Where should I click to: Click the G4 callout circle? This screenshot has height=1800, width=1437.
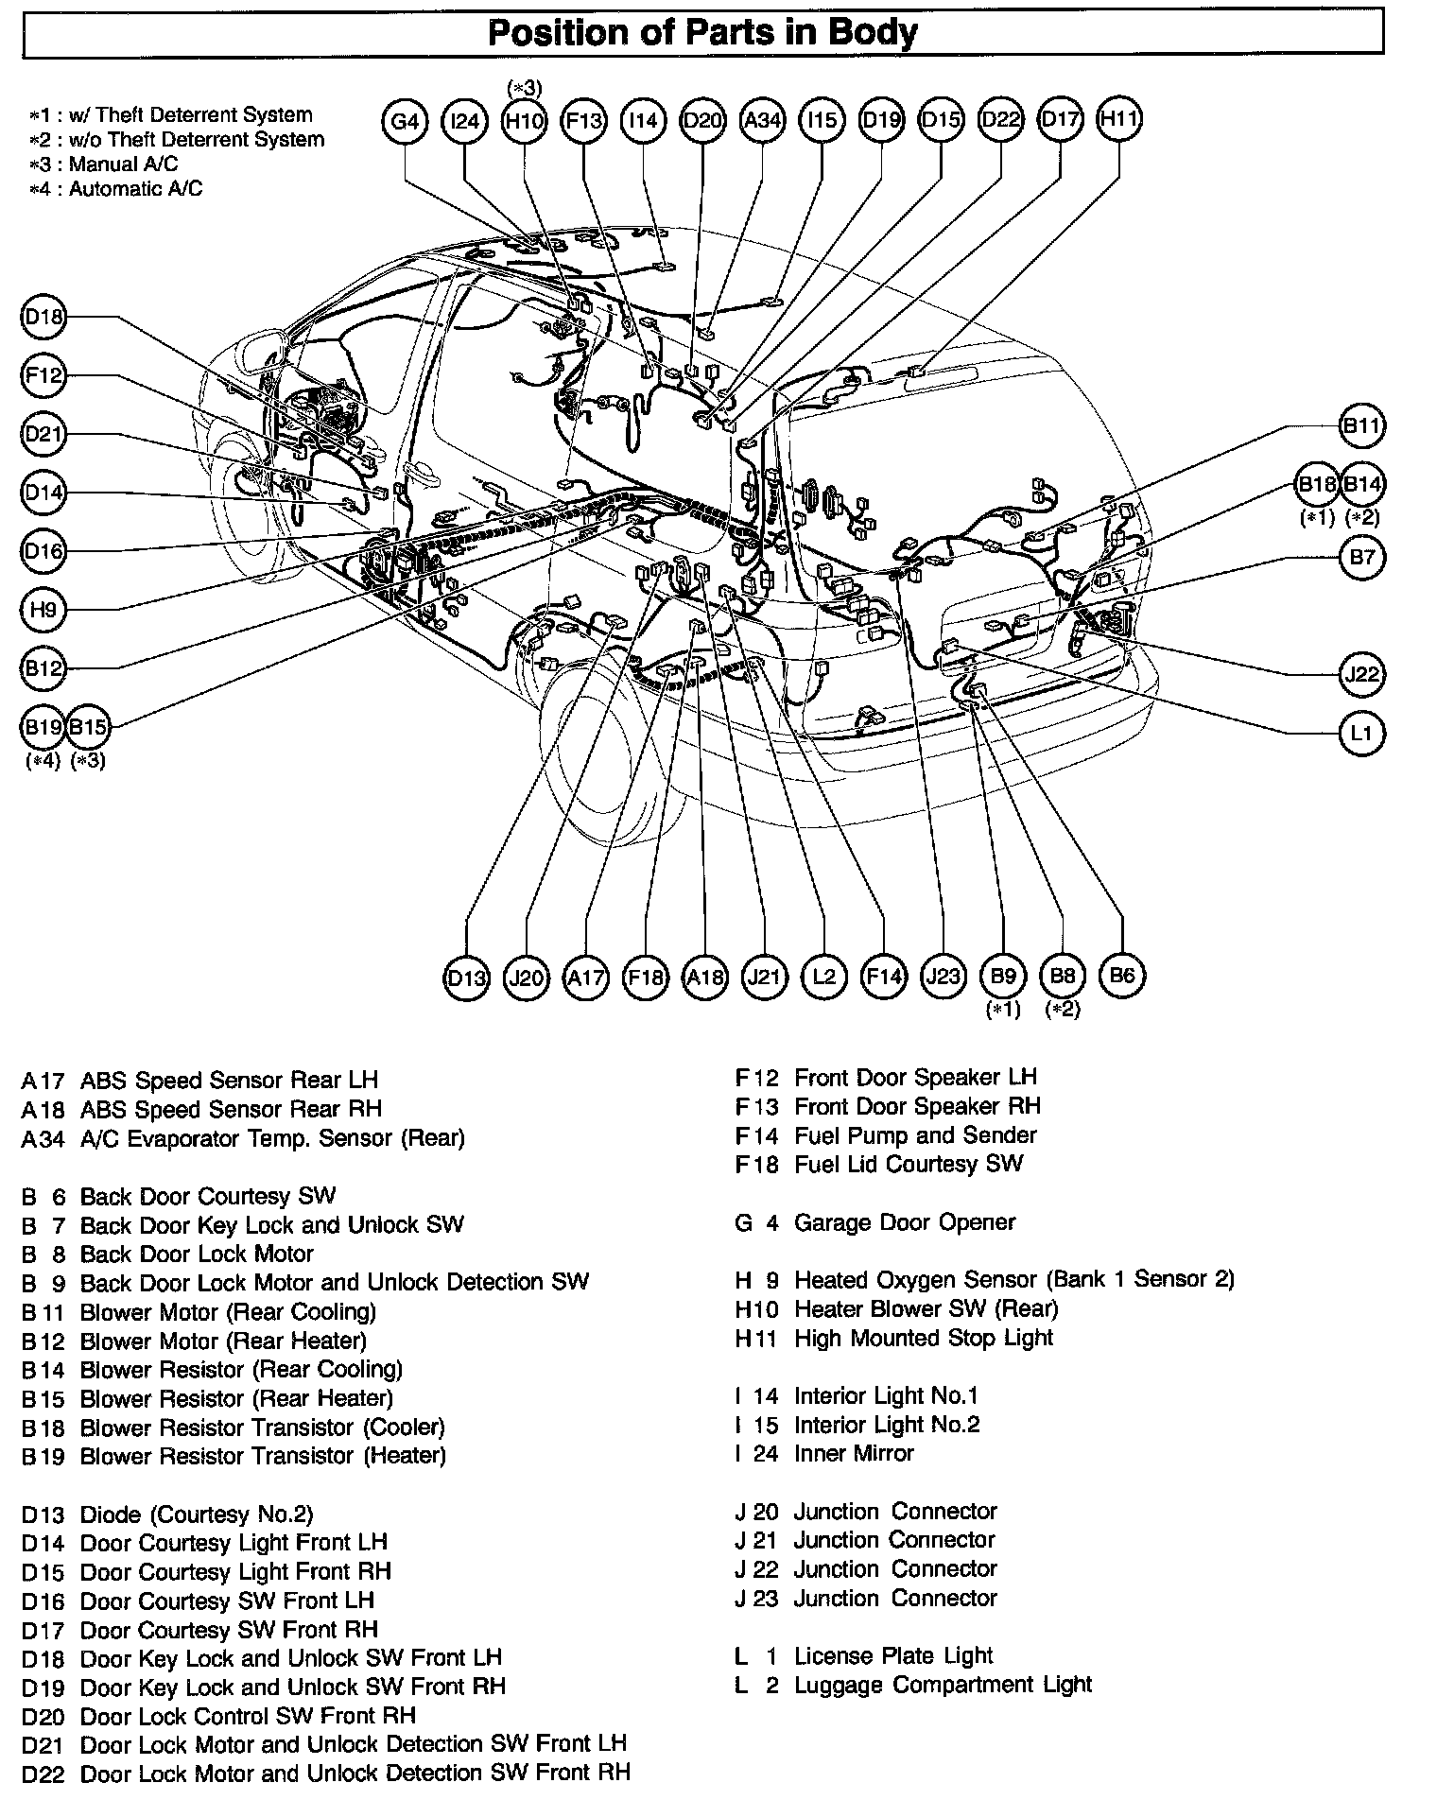coord(405,121)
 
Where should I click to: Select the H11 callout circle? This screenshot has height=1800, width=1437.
coord(1119,119)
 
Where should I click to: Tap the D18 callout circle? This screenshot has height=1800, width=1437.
coord(43,318)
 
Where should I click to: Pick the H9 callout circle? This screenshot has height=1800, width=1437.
coord(43,610)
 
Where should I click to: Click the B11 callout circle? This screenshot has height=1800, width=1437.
coord(1362,425)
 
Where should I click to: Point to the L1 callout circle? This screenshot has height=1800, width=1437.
coord(1362,733)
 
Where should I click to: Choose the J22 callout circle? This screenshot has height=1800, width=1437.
coord(1362,674)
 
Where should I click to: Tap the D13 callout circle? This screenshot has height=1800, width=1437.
coord(466,977)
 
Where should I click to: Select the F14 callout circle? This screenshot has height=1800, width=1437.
coord(883,977)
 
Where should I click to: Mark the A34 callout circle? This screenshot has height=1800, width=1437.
coord(762,121)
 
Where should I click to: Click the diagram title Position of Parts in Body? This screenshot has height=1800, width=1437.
coord(702,33)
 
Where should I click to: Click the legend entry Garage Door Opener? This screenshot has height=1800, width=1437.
coord(904,1222)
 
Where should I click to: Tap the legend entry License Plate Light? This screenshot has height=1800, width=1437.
coord(892,1655)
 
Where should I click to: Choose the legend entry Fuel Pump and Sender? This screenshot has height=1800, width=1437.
coord(914,1134)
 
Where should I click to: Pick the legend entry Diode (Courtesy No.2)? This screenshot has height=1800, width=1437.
coord(196,1514)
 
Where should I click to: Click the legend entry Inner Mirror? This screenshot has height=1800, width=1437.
coord(854,1453)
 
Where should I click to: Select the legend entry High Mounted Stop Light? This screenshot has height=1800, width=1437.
coord(923,1338)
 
